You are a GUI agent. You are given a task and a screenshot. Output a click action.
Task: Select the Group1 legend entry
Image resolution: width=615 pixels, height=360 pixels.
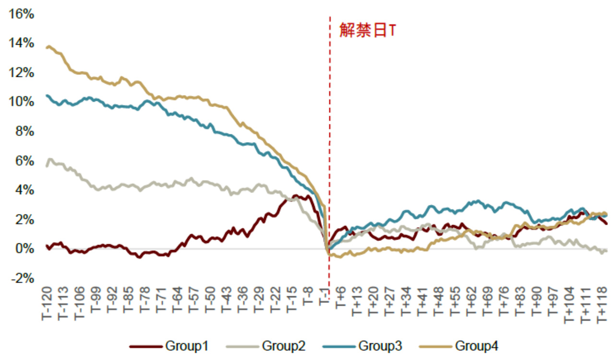(169, 346)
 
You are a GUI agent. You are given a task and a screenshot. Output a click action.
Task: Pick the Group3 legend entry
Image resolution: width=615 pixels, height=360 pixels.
(362, 346)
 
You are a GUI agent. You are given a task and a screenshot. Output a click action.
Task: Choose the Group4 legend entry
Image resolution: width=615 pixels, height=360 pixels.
(458, 346)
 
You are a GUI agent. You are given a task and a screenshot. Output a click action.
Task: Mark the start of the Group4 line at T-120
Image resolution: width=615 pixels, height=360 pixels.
(47, 48)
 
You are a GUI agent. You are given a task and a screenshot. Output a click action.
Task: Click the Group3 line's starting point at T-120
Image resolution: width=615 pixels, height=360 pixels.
(47, 96)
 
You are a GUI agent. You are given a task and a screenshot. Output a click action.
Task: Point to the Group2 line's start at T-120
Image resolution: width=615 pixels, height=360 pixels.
(47, 166)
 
